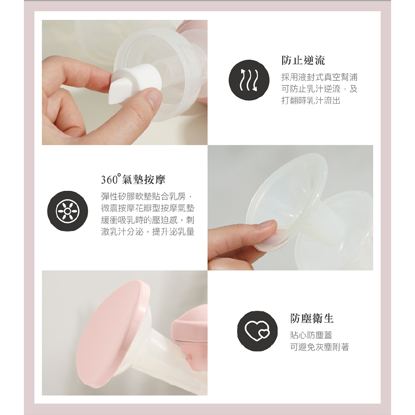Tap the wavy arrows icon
pyautogui.click(x=249, y=80)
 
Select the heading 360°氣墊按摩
pyautogui.click(x=133, y=180)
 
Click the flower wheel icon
pyautogui.click(x=68, y=211)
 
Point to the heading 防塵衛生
pyautogui.click(x=312, y=319)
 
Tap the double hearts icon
pyautogui.click(x=257, y=331)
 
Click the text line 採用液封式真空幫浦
pyautogui.click(x=319, y=77)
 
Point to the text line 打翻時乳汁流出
pyautogui.click(x=311, y=101)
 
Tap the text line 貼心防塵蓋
pyautogui.click(x=311, y=335)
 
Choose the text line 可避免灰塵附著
pyautogui.click(x=320, y=347)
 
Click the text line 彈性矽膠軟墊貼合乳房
pyautogui.click(x=148, y=197)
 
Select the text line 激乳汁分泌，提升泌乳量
pyautogui.click(x=148, y=231)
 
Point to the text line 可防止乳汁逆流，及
pyautogui.click(x=319, y=89)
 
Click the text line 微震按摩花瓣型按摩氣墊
pyautogui.click(x=148, y=208)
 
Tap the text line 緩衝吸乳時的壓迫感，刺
pyautogui.click(x=148, y=220)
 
